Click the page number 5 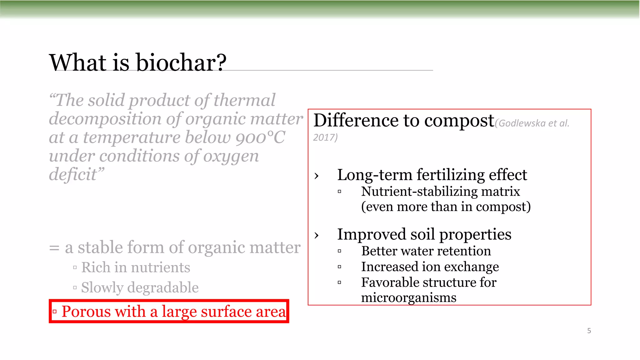[589, 331]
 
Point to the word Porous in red [86, 312]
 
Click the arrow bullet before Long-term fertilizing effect [317, 176]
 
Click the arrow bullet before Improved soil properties [317, 235]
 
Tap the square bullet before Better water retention [339, 251]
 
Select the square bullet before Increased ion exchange [339, 267]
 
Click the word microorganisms [408, 297]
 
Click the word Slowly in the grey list [102, 288]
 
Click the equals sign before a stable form [54, 248]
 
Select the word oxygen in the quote [231, 156]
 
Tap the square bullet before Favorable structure [339, 282]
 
